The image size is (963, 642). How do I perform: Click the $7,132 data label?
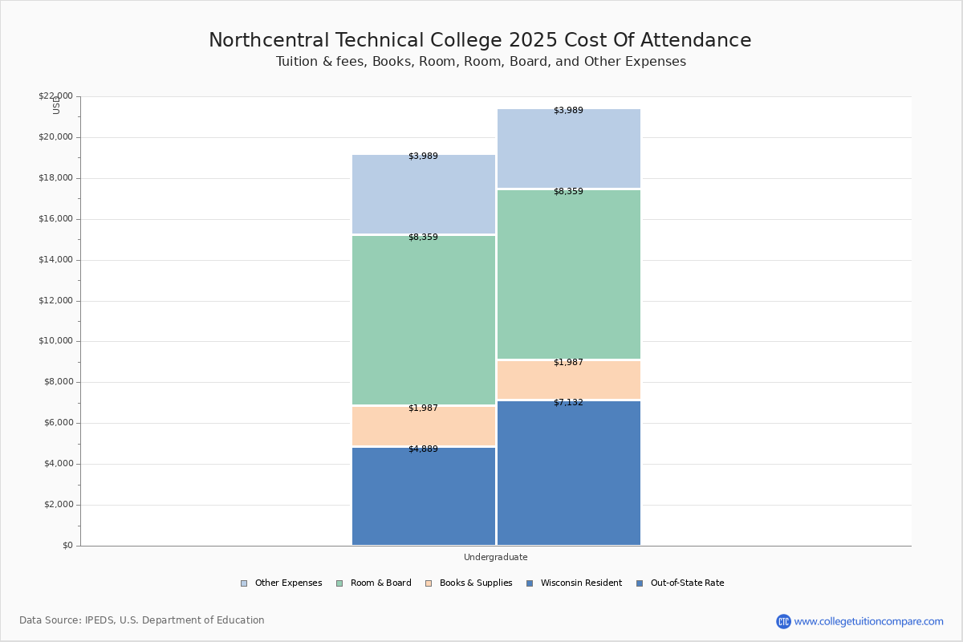point(568,403)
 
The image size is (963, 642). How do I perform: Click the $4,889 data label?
point(423,449)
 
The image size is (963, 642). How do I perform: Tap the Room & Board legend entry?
point(380,583)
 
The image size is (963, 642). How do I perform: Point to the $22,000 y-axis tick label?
point(55,96)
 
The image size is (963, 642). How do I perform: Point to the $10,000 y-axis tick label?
point(55,341)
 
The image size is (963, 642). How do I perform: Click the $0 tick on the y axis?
point(67,546)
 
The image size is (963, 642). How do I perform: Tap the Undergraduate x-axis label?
point(495,557)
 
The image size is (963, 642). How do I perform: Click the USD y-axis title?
point(56,105)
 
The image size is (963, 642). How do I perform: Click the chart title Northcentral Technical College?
point(480,40)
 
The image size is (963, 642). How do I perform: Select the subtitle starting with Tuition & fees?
point(481,62)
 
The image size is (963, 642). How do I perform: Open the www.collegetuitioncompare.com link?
point(868,621)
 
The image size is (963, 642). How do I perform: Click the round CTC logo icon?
point(783,621)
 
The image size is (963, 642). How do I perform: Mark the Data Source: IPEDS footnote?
point(142,620)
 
